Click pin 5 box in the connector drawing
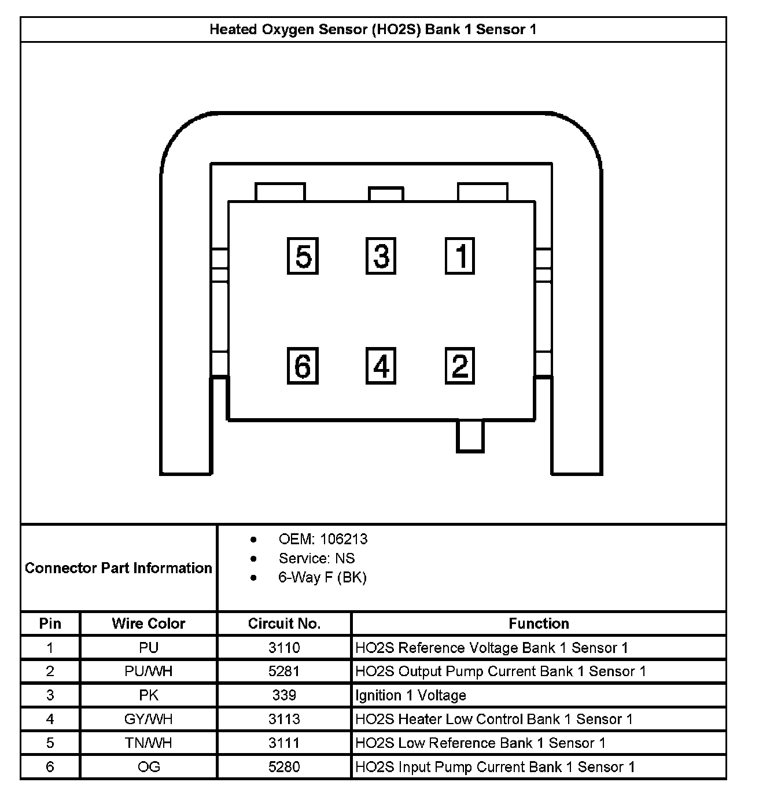click(303, 256)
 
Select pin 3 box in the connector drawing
click(381, 256)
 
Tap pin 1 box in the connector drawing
click(460, 256)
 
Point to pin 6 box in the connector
click(303, 366)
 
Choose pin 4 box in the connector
click(381, 366)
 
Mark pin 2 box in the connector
click(460, 366)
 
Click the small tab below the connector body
click(470, 436)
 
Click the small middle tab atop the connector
click(386, 194)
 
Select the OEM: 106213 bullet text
click(323, 539)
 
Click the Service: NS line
click(316, 558)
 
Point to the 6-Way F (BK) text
click(322, 577)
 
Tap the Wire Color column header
click(149, 623)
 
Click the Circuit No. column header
click(284, 623)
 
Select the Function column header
click(539, 623)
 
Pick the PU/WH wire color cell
click(149, 671)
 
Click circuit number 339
click(284, 695)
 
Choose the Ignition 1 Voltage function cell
click(411, 695)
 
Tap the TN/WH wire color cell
click(149, 743)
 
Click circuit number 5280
click(284, 767)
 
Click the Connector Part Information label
click(119, 568)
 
